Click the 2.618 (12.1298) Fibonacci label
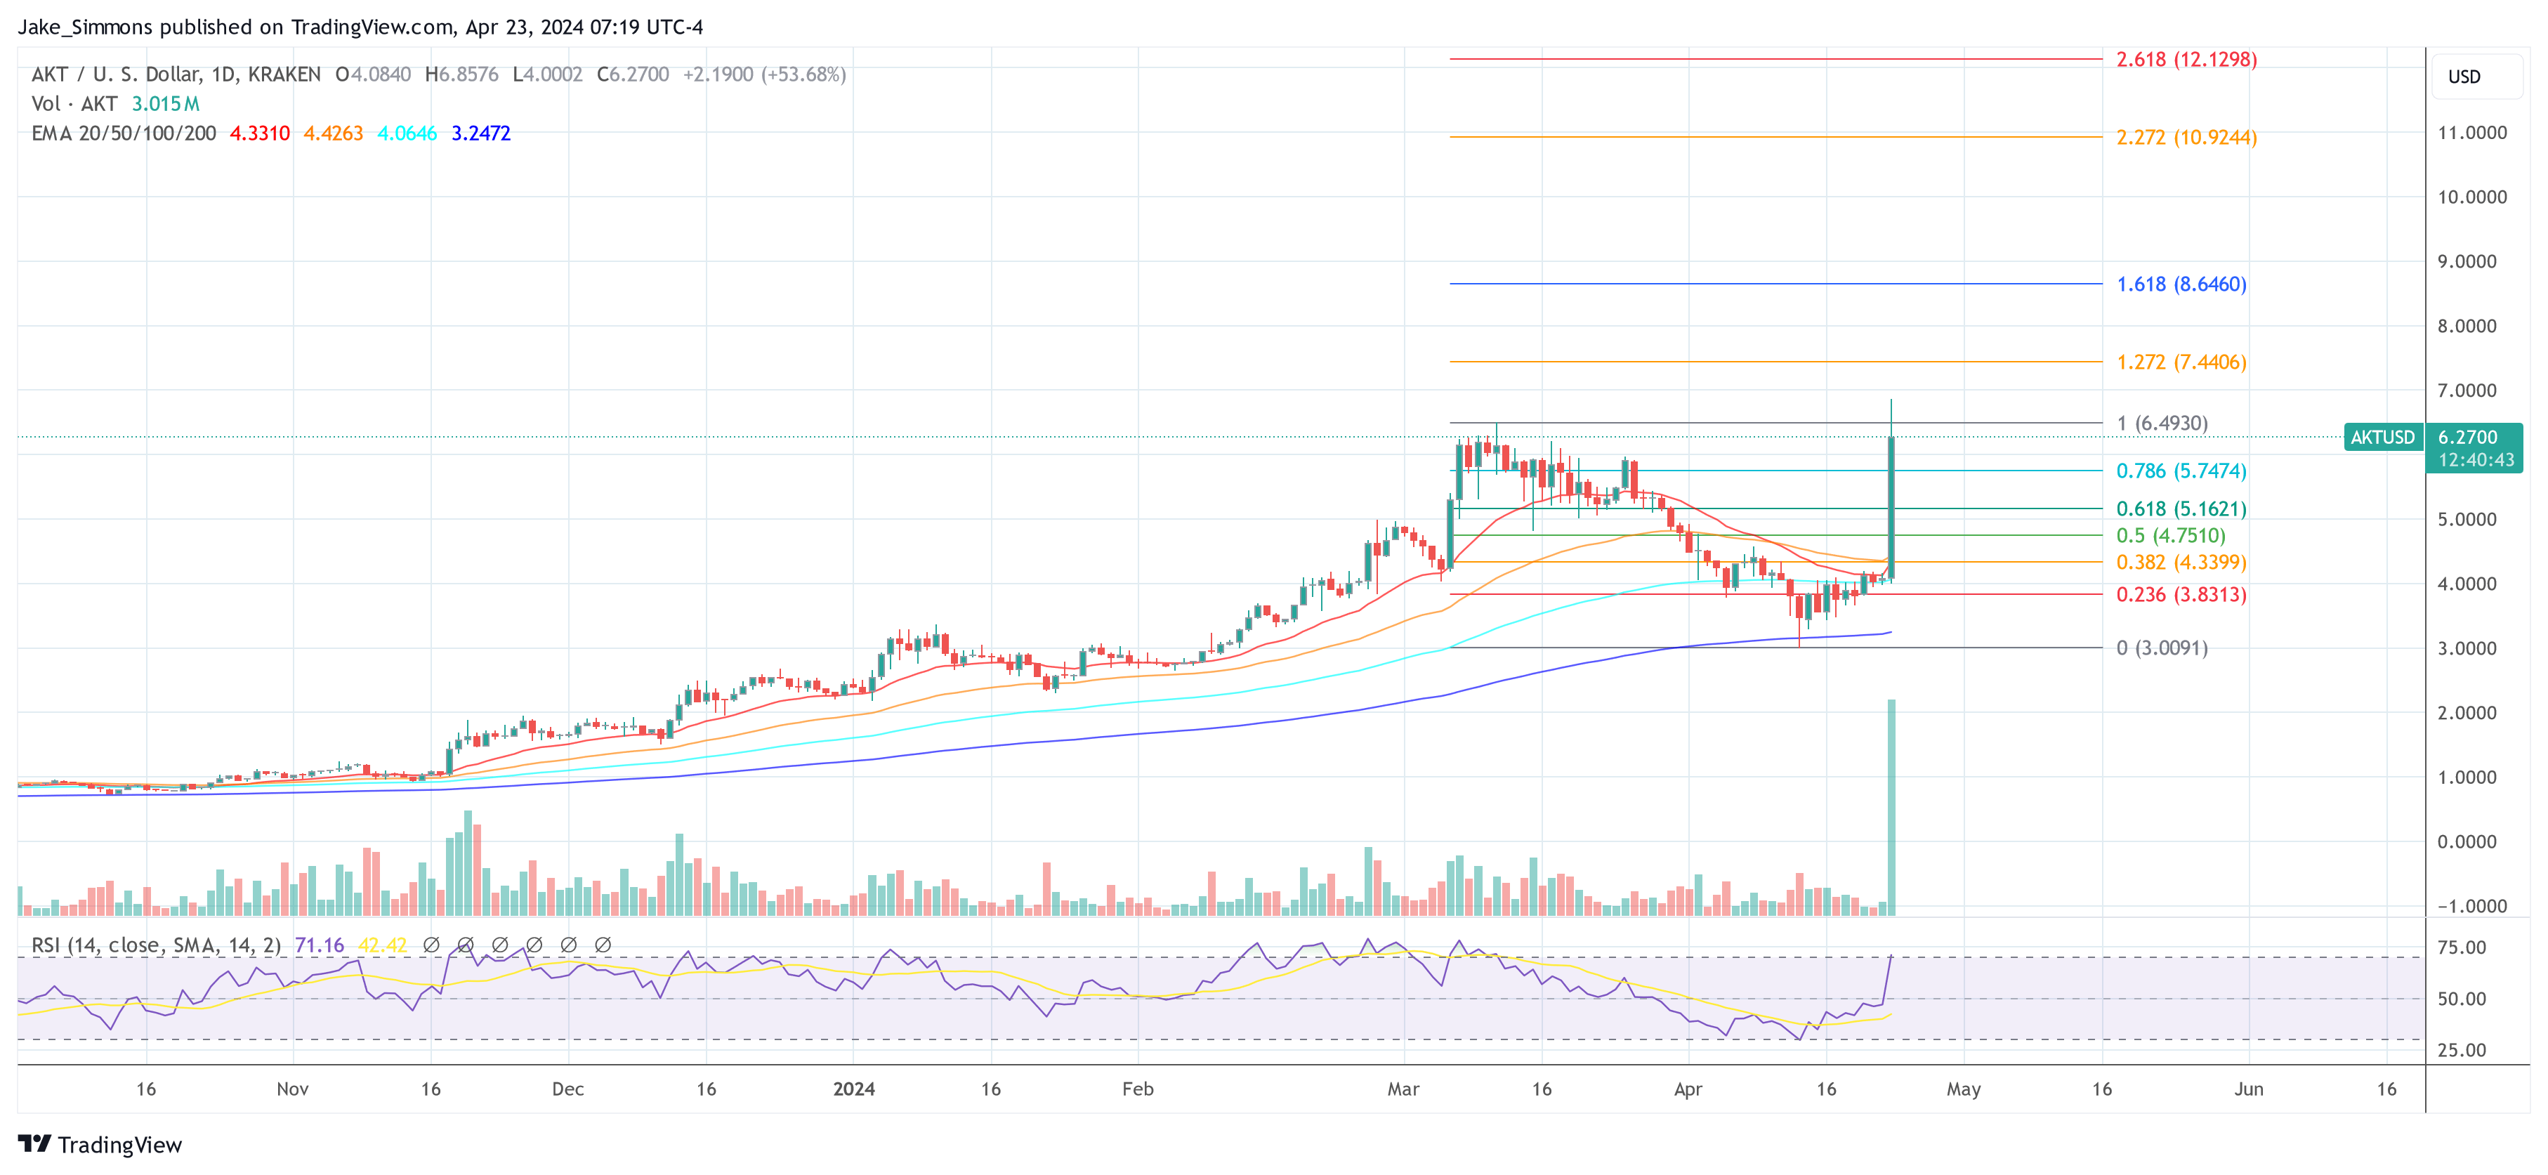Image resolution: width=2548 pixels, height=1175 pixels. pos(2186,59)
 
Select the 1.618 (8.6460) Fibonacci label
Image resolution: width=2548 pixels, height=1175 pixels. pos(2181,284)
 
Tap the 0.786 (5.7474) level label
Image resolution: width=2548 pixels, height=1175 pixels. pos(2181,471)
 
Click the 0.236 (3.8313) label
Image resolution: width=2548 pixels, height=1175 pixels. pos(2181,594)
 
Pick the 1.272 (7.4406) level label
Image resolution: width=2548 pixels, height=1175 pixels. pos(2181,362)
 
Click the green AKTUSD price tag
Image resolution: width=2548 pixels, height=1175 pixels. pos(2382,437)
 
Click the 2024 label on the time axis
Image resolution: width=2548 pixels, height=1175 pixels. pos(853,1089)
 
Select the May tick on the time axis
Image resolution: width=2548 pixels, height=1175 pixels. pos(1964,1089)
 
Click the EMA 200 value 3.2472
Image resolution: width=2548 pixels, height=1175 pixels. pos(480,133)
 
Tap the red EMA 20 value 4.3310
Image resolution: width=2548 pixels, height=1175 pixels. pos(260,133)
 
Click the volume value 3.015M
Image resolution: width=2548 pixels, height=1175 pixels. pos(165,104)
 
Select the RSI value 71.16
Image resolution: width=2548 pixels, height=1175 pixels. pos(320,945)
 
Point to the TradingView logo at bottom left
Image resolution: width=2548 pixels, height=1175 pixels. pos(100,1144)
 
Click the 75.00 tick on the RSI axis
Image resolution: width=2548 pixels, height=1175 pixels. pos(2462,947)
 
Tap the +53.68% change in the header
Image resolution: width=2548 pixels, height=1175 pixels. pos(803,74)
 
